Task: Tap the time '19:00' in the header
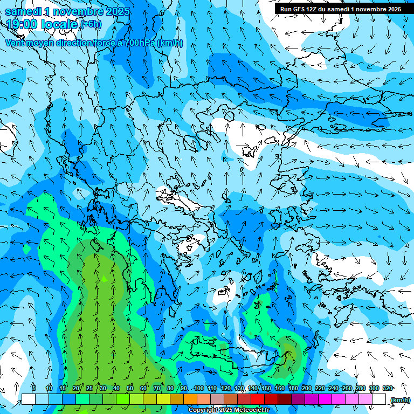pyautogui.click(x=23, y=24)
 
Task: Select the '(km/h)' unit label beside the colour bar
pyautogui.click(x=400, y=399)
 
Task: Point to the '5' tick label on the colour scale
pyautogui.click(x=34, y=388)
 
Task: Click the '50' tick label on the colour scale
pyautogui.click(x=130, y=388)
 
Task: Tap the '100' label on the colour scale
pyautogui.click(x=198, y=388)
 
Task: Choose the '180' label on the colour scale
pyautogui.click(x=293, y=388)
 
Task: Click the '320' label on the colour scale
pyautogui.click(x=387, y=388)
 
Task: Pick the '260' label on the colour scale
pyautogui.click(x=347, y=388)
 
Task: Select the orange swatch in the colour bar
pyautogui.click(x=190, y=399)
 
